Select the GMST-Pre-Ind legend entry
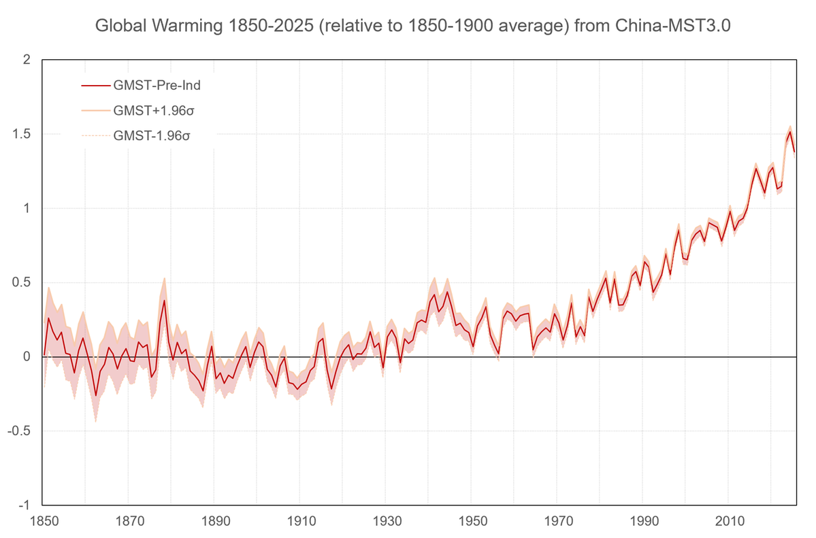pyautogui.click(x=157, y=86)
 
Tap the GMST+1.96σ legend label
pyautogui.click(x=151, y=110)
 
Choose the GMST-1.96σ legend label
pyautogui.click(x=151, y=135)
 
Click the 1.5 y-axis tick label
pyautogui.click(x=22, y=134)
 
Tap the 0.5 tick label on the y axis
pyautogui.click(x=22, y=282)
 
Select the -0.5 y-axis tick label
pyautogui.click(x=20, y=431)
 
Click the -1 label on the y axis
pyautogui.click(x=24, y=505)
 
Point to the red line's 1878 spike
pyautogui.click(x=164, y=300)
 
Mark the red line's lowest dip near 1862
pyautogui.click(x=96, y=396)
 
